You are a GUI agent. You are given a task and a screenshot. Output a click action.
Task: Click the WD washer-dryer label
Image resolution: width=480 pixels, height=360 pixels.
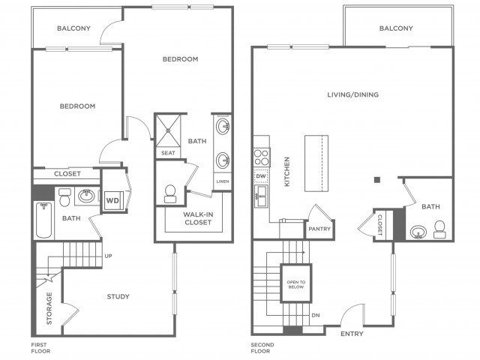pos(112,200)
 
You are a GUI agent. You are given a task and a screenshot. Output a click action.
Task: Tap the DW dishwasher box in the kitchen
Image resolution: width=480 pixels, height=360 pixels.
pos(261,176)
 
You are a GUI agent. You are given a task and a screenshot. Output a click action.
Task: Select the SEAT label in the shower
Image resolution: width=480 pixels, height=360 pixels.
pos(168,153)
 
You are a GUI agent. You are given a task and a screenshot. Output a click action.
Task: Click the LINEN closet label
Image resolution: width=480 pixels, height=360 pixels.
pos(223,181)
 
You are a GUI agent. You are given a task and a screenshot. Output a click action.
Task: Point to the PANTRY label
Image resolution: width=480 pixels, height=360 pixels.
pos(319,229)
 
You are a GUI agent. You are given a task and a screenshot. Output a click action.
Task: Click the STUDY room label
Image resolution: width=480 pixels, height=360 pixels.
pos(118,296)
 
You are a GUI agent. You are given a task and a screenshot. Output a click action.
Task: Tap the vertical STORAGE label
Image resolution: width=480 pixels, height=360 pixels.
pos(49,308)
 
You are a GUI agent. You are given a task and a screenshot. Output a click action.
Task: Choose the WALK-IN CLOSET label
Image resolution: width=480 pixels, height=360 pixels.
pos(198,218)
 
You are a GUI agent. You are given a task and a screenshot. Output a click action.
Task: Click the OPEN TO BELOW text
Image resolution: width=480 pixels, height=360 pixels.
pos(296,284)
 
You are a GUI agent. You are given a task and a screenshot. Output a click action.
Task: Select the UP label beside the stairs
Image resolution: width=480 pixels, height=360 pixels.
pos(108,256)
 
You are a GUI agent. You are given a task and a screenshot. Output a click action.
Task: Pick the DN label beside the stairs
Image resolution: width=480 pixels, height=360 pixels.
pos(316,315)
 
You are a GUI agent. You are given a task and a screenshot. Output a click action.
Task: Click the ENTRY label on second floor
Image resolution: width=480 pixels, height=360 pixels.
pos(352,334)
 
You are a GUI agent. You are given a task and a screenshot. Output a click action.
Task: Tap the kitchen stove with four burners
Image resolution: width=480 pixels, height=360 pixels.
pos(262,157)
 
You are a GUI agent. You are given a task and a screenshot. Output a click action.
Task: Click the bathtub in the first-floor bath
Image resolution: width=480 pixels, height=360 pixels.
pos(43,220)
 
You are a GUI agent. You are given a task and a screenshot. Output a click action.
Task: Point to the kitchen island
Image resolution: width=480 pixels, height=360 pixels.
pos(316,163)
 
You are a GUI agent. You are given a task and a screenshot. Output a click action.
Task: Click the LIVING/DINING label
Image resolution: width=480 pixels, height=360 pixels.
pos(353,94)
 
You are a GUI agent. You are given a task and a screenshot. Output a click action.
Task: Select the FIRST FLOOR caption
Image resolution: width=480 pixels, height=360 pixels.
pos(40,348)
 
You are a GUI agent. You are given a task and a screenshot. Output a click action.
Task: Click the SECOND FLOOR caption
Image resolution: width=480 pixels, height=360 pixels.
pos(262,348)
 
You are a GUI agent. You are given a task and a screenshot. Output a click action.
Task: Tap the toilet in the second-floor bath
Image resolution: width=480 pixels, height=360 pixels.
pos(440,229)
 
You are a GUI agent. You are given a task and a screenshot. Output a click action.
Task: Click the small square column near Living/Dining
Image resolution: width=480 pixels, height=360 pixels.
pos(377,180)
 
